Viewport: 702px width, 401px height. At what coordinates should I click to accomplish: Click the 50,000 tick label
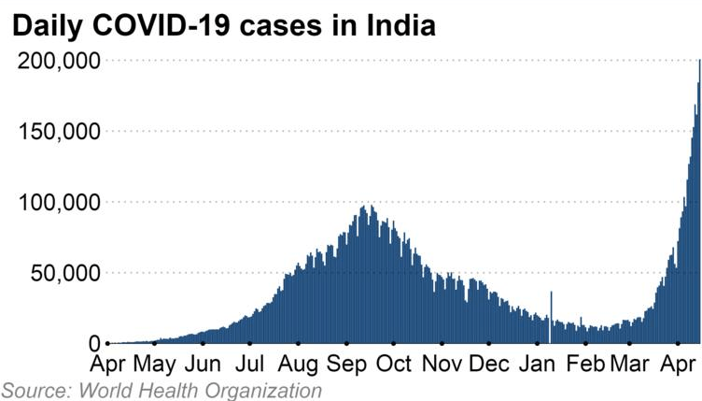65,274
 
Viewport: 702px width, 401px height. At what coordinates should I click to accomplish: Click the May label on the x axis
155,364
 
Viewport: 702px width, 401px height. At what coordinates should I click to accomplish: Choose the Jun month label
203,364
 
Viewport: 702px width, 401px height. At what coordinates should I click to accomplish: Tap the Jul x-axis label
249,364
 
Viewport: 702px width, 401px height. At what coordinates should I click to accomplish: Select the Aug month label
298,364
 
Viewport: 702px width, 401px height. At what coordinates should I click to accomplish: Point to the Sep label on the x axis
346,364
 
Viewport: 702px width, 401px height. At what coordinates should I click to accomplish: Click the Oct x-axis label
393,364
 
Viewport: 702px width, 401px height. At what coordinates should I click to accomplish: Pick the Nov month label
442,364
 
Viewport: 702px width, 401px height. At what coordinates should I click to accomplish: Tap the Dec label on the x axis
488,364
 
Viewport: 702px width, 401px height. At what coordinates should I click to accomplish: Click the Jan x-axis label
537,364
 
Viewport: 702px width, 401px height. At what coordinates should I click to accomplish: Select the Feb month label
585,364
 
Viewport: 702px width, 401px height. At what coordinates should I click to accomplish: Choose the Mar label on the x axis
629,364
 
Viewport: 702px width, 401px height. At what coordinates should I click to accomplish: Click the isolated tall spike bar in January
552,313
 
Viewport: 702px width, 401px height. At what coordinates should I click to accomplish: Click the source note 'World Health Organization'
201,390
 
